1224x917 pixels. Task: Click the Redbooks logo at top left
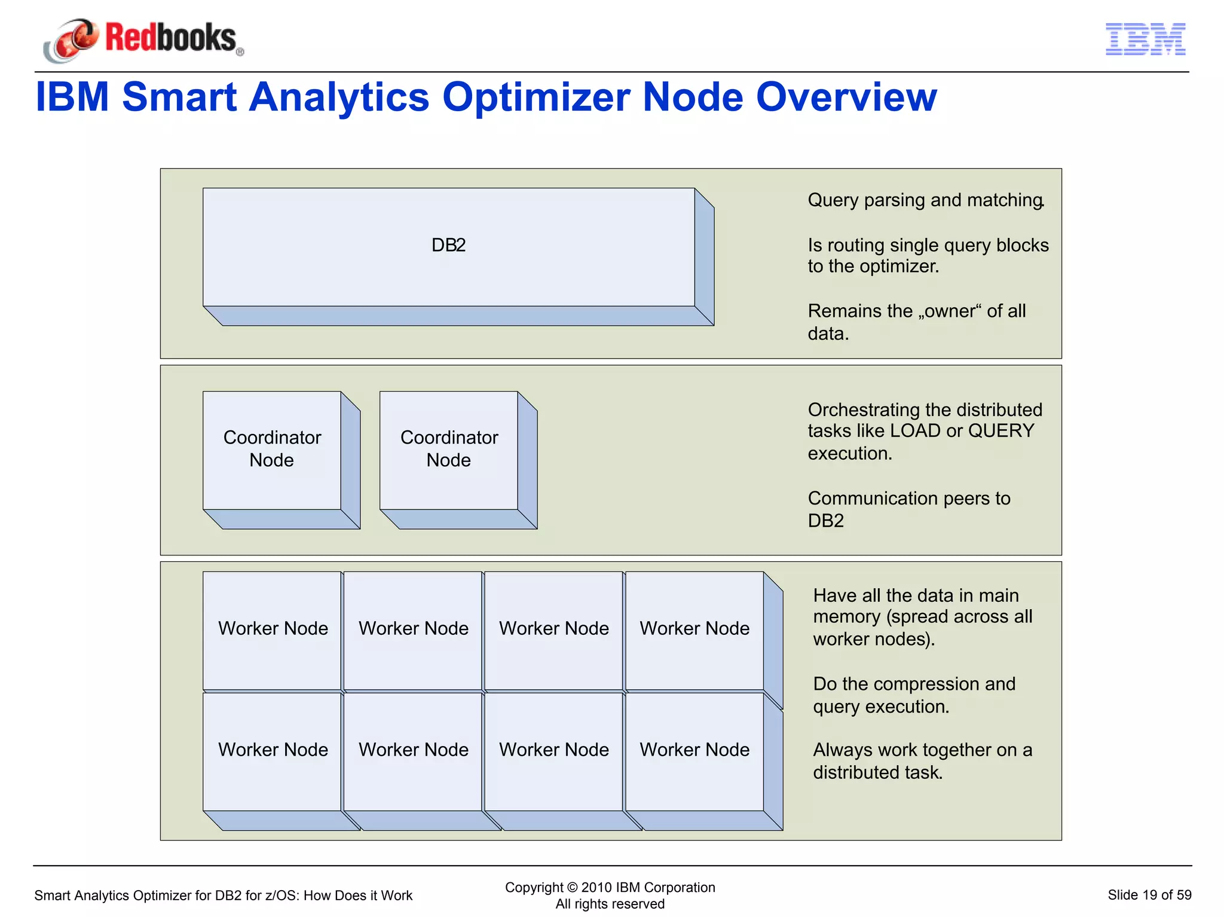(x=143, y=39)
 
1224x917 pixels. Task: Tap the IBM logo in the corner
(x=1145, y=39)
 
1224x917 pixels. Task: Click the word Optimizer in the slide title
(x=535, y=97)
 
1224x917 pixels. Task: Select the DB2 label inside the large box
(x=448, y=245)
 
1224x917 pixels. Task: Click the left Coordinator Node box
(x=272, y=450)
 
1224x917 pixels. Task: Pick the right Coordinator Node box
(x=449, y=450)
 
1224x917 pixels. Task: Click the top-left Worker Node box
(x=273, y=629)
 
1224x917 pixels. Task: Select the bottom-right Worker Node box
(x=694, y=750)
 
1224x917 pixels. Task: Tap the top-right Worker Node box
(x=694, y=629)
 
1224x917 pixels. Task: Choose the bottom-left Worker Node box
(x=273, y=750)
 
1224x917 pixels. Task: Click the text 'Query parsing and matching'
(x=925, y=200)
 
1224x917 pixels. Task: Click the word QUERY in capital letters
(x=1001, y=431)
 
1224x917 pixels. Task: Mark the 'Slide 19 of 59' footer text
(x=1149, y=895)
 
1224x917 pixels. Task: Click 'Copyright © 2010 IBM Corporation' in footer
(x=610, y=888)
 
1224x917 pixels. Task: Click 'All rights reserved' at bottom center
(x=610, y=904)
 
